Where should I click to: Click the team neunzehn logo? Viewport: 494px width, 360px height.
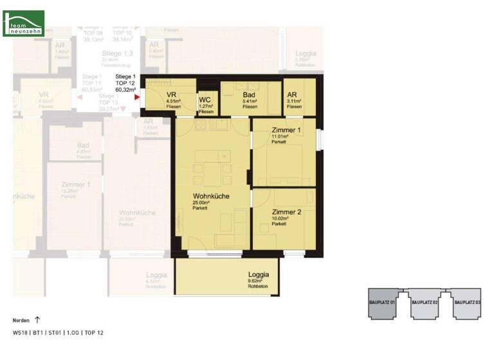pyautogui.click(x=23, y=22)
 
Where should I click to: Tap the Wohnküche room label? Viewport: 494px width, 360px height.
pyautogui.click(x=212, y=196)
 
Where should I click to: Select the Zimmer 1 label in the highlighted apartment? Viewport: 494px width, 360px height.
pyautogui.click(x=286, y=130)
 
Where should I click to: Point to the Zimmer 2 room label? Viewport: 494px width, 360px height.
pyautogui.click(x=286, y=212)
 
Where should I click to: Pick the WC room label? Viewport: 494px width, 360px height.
pyautogui.click(x=205, y=100)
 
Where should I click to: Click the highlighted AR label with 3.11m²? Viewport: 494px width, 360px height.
pyautogui.click(x=292, y=94)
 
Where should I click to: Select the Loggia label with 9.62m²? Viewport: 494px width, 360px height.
pyautogui.click(x=258, y=274)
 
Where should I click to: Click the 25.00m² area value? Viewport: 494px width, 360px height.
pyautogui.click(x=202, y=203)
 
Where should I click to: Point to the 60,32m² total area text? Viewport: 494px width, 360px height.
pyautogui.click(x=125, y=90)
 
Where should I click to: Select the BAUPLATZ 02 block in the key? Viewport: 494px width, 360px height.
pyautogui.click(x=425, y=302)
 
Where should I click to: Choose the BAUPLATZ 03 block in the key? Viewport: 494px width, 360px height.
pyautogui.click(x=467, y=302)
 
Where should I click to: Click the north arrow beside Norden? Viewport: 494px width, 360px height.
pyautogui.click(x=37, y=319)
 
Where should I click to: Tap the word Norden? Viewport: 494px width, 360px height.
pyautogui.click(x=21, y=319)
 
